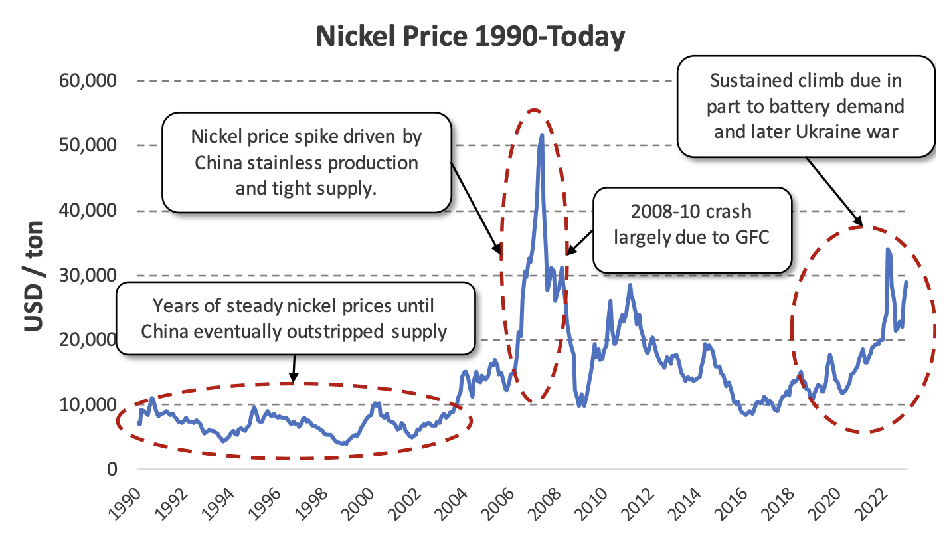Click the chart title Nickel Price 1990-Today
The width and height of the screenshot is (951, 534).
[x=470, y=37]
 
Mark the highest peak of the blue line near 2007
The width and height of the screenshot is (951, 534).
[x=542, y=135]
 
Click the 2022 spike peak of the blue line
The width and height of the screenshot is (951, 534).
[x=888, y=250]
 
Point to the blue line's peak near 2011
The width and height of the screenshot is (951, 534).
[x=630, y=285]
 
